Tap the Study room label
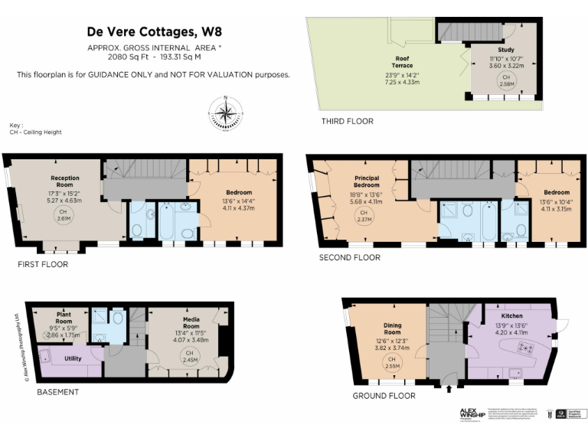(506, 50)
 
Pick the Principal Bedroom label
(366, 181)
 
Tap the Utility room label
(73, 358)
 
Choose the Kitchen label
(512, 315)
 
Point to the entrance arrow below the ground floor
(448, 389)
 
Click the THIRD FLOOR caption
(348, 121)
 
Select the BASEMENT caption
(58, 392)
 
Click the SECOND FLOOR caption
(350, 258)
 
